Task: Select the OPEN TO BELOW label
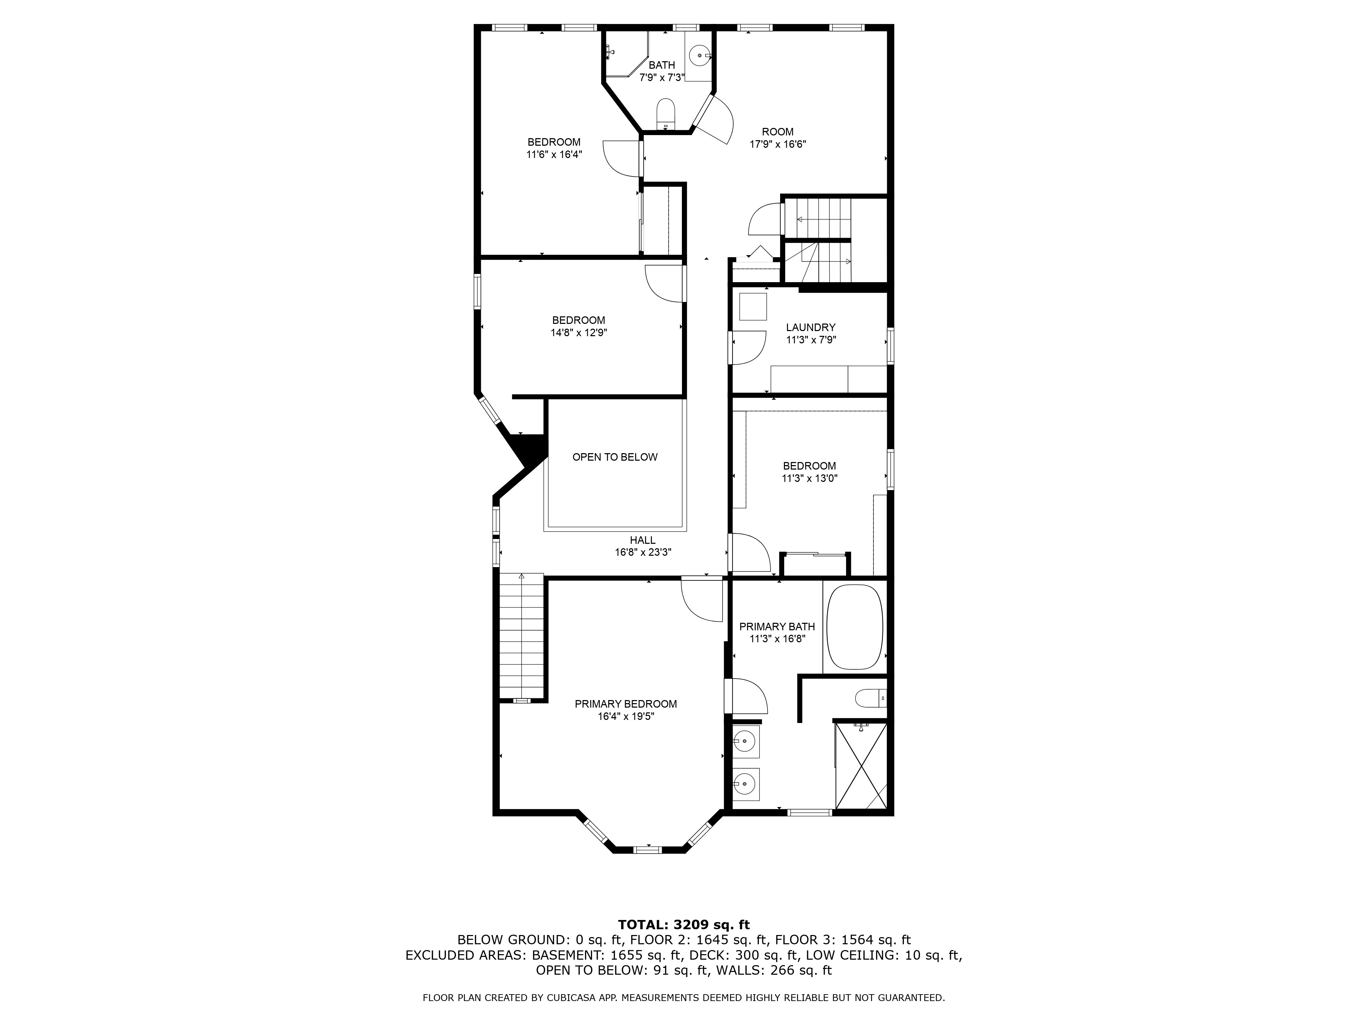point(615,457)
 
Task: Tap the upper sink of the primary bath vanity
point(746,741)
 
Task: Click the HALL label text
point(643,540)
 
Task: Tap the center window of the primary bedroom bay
point(647,850)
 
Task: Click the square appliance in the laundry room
point(753,307)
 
